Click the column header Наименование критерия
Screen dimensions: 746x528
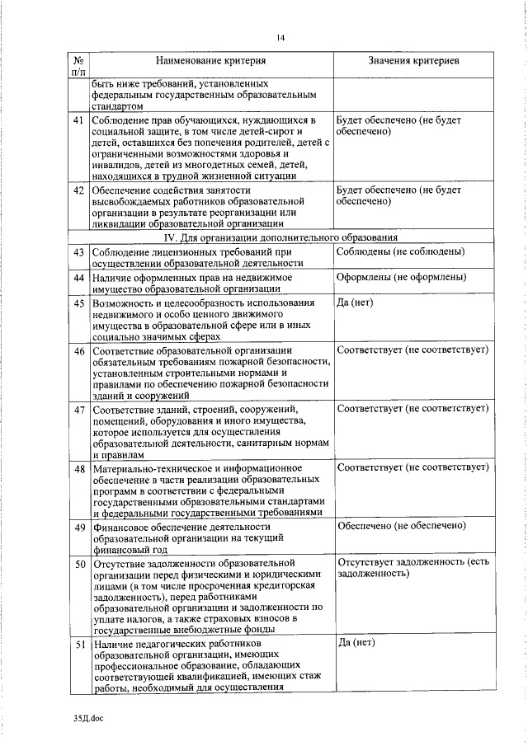(x=212, y=62)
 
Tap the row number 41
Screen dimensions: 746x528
(x=78, y=120)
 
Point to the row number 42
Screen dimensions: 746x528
(x=78, y=190)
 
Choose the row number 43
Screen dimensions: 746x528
(x=78, y=251)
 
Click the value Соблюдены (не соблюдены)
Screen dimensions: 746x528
(x=400, y=251)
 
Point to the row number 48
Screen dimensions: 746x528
(x=78, y=468)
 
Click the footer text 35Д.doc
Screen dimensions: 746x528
(x=85, y=718)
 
